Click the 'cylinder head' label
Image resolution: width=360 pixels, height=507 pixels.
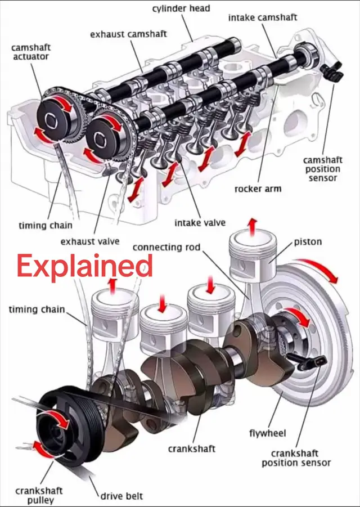coord(181,9)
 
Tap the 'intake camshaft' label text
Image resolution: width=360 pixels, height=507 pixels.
coord(262,17)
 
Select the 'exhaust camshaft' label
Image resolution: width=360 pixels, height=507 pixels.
coord(128,34)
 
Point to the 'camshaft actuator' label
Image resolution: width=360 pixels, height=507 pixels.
coord(31,52)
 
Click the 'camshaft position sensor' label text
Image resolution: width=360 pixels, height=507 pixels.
coord(322,169)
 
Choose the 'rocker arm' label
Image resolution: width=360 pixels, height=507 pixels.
coord(258,189)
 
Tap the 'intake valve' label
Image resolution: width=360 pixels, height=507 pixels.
coord(200,223)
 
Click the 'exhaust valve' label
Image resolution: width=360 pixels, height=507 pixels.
coord(90,241)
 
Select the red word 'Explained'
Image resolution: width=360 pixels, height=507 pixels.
coord(85,266)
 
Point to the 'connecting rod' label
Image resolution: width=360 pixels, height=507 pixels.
coord(166,248)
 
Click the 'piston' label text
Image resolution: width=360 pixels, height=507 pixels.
coord(308,242)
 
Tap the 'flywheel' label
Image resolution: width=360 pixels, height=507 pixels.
coord(268,433)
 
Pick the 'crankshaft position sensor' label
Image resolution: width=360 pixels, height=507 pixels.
coord(296,458)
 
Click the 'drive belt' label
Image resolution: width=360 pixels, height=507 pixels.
coord(121,496)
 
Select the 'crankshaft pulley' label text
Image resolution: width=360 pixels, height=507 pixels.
coord(39,495)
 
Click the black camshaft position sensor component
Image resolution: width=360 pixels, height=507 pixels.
coord(331,71)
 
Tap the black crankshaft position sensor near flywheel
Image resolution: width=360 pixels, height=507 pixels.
coord(307,361)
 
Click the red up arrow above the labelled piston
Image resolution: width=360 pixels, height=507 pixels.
coord(253,226)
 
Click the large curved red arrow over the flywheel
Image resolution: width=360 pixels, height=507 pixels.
coord(318,269)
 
